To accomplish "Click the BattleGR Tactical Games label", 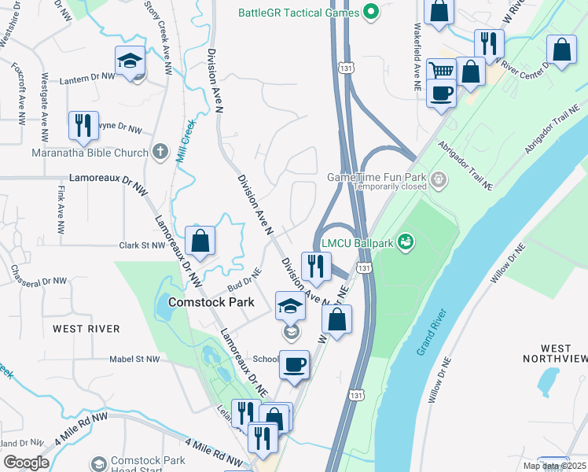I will click(299, 13).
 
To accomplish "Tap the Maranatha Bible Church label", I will click(90, 153).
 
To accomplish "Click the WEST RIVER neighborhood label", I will click(86, 328).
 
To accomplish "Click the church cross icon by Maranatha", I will click(160, 151).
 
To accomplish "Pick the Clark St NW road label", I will click(142, 245).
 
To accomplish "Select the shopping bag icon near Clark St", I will click(200, 241).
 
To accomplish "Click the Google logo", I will click(26, 463).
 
